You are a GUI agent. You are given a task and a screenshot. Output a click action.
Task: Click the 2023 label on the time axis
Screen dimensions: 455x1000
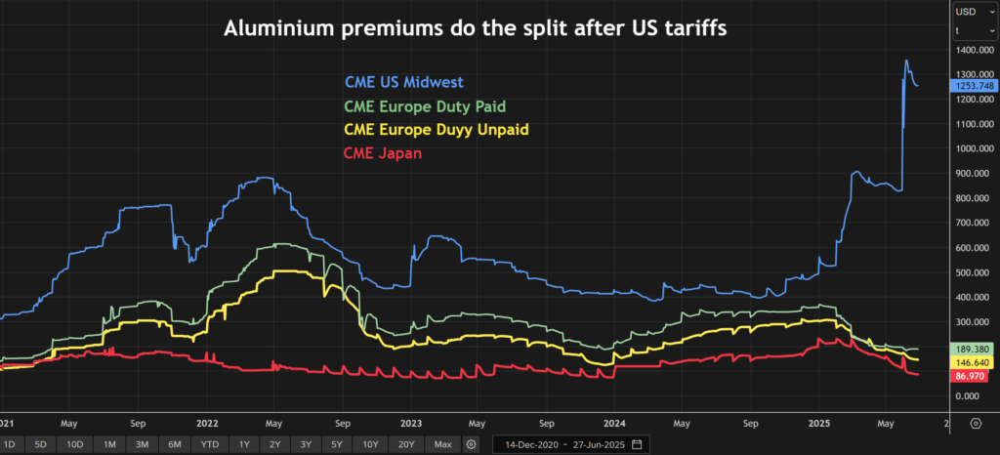click(x=411, y=425)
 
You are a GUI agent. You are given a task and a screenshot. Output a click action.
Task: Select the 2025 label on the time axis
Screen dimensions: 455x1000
click(x=818, y=425)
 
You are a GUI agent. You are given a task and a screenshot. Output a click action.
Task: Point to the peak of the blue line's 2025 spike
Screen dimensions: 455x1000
click(x=906, y=61)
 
